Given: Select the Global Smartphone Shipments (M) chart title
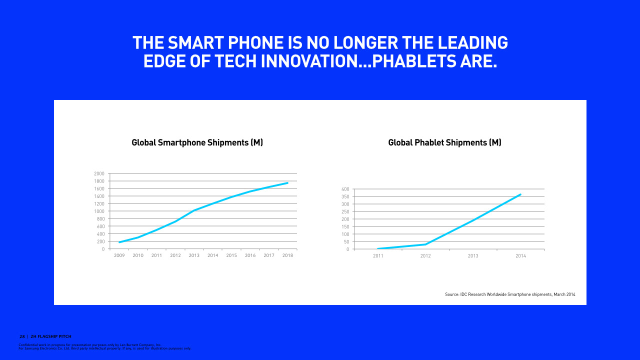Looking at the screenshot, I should point(197,142).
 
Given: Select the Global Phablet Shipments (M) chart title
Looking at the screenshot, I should point(444,142).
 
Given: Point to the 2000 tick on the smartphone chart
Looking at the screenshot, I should point(99,173).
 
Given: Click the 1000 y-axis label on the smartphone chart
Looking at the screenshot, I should point(99,211).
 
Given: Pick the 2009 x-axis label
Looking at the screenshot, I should point(119,255).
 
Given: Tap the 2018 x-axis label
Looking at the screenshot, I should point(287,255).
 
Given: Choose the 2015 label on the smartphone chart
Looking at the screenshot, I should point(231,255).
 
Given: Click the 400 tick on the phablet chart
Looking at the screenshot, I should point(344,189).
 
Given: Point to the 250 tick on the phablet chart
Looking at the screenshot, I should point(344,211).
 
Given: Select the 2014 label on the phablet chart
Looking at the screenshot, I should point(520,256).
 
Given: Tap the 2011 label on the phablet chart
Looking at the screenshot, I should point(377,256).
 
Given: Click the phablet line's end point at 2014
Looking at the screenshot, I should point(520,194).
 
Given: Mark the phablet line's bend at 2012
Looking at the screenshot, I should point(425,244).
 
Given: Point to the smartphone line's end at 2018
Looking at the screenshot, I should point(287,183).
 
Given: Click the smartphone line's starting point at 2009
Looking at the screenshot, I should point(119,242).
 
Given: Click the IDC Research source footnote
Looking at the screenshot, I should point(510,294).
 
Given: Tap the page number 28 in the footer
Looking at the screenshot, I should point(22,336).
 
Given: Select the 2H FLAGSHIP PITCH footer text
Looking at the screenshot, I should point(51,336).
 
